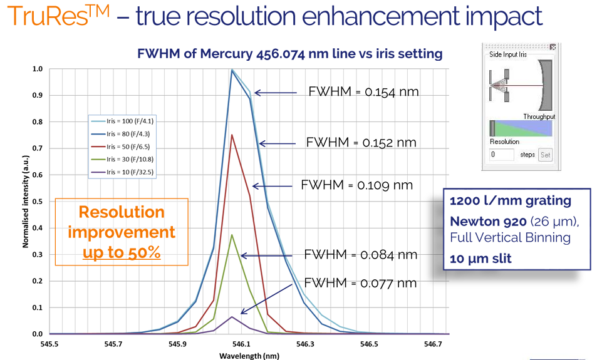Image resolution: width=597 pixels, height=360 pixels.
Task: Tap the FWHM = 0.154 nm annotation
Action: [363, 91]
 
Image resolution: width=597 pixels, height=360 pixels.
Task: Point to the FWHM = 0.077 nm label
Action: [360, 282]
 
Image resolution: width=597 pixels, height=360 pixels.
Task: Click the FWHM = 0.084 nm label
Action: [360, 255]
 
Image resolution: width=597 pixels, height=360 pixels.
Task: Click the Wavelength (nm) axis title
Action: [249, 355]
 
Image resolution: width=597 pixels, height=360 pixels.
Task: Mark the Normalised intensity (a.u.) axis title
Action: [26, 202]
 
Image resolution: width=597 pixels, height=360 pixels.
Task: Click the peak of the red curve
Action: [232, 135]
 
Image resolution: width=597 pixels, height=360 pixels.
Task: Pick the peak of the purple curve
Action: [232, 317]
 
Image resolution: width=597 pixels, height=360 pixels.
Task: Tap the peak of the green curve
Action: [232, 235]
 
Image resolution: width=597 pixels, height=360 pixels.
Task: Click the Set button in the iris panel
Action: [545, 155]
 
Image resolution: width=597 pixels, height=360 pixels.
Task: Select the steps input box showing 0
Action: [501, 155]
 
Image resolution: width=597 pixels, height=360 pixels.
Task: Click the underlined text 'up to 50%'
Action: [122, 254]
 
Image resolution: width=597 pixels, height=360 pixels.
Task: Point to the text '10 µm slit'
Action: [480, 258]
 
